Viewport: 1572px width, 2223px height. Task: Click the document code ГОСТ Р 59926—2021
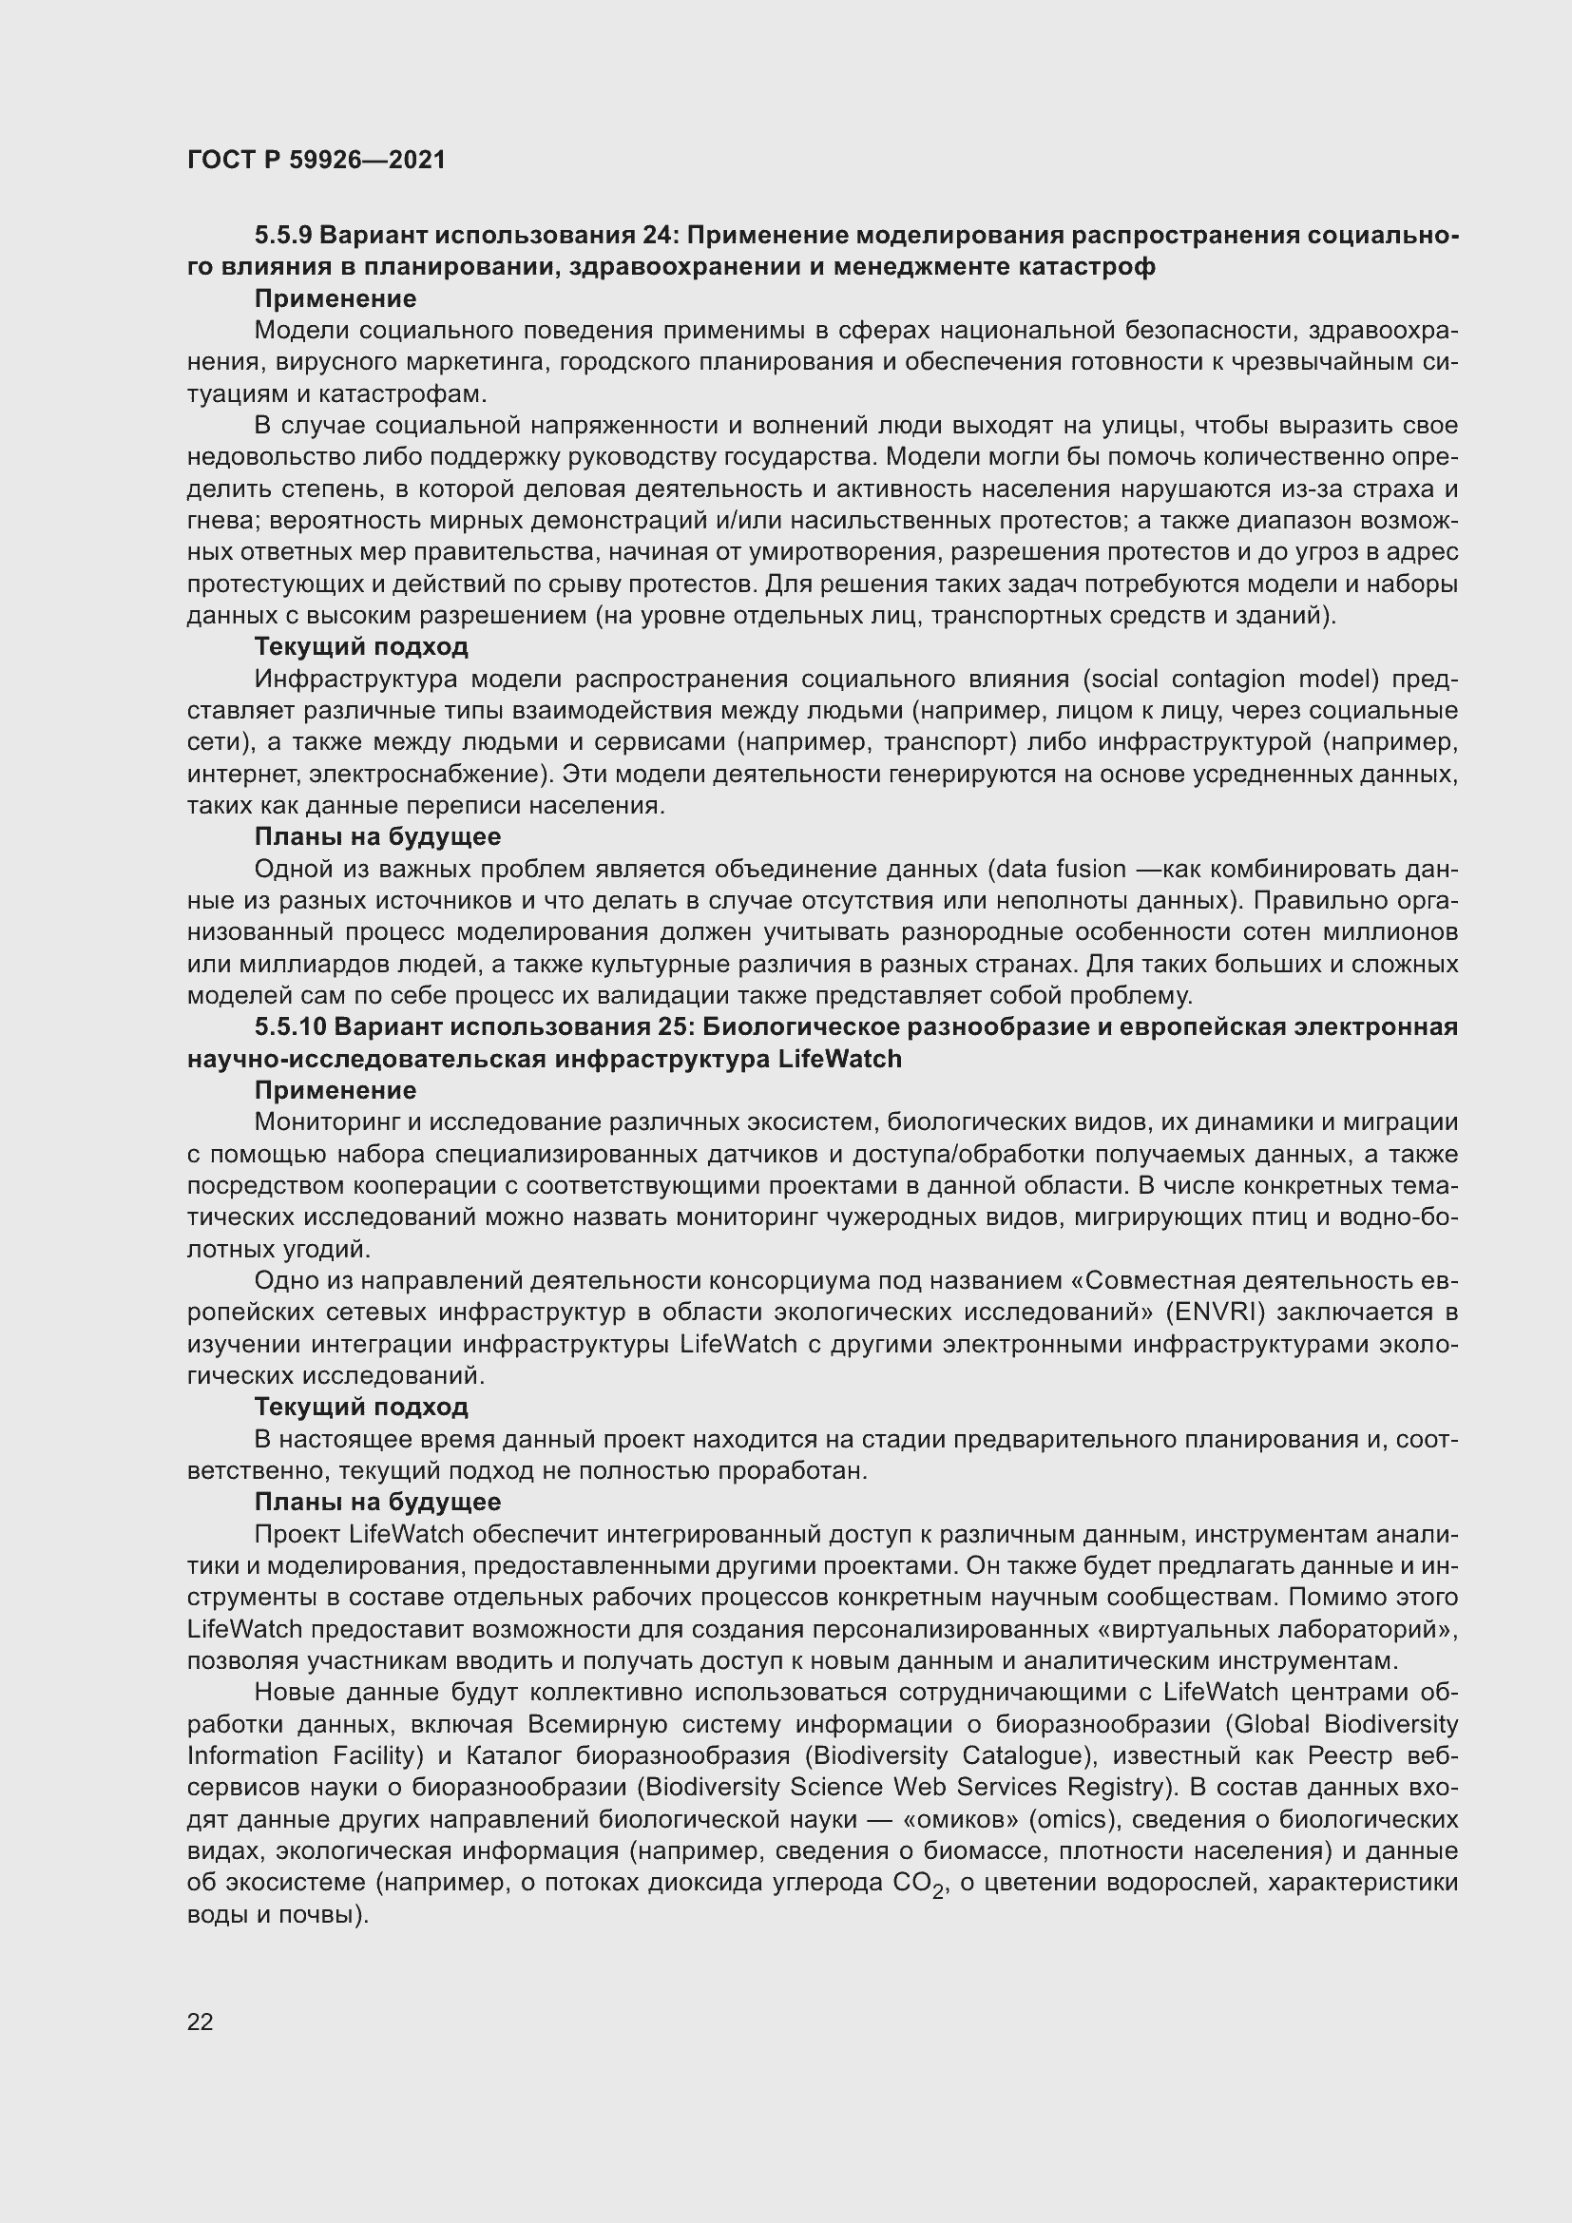click(316, 160)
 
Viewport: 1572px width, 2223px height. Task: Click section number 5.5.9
click(282, 236)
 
